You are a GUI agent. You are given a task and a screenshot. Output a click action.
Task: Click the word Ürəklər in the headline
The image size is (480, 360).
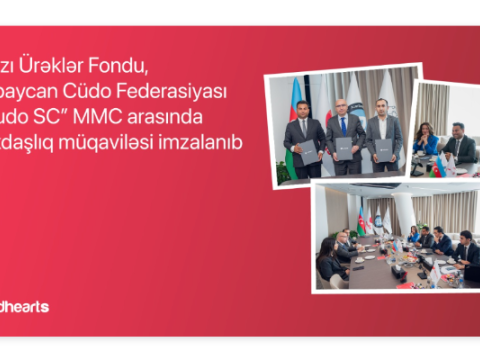pyautogui.click(x=79, y=67)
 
